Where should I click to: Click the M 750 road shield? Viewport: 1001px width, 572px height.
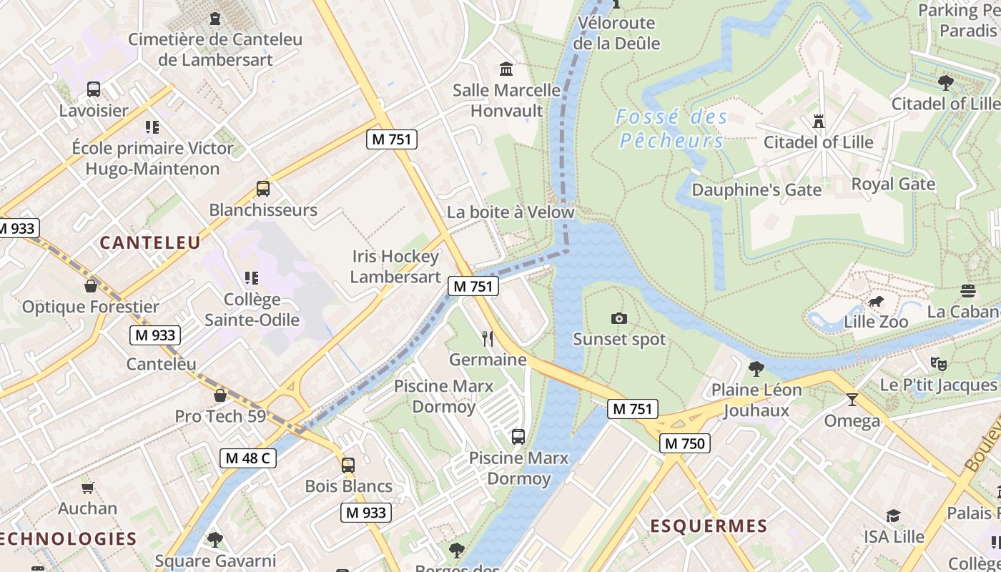684,443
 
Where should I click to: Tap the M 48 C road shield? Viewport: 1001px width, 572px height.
247,458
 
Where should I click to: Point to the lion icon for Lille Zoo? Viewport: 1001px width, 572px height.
874,302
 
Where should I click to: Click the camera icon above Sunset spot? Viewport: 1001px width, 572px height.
619,318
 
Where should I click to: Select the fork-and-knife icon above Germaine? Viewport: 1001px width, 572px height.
488,338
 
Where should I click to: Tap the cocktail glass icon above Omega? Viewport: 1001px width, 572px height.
852,399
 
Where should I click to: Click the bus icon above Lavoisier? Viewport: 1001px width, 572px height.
94,89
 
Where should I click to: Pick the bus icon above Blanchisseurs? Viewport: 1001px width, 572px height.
263,189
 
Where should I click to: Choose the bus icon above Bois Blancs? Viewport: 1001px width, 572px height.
348,465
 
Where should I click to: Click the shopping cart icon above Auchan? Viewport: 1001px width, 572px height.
87,488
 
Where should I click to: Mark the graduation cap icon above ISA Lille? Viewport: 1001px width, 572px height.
893,516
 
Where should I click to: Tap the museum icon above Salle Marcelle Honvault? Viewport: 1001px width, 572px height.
506,69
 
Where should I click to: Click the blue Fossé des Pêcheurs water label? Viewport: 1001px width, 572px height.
671,129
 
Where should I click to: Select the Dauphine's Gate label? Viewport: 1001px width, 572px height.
756,190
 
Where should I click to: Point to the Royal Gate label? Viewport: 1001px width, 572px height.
893,184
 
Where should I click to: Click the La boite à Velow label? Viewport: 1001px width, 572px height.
511,212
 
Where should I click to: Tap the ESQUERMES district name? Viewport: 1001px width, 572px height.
708,526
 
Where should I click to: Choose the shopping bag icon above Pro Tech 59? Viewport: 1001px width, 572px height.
220,395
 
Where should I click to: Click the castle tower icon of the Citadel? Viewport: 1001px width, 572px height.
819,122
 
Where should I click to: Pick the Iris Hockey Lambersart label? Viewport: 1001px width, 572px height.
395,267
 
